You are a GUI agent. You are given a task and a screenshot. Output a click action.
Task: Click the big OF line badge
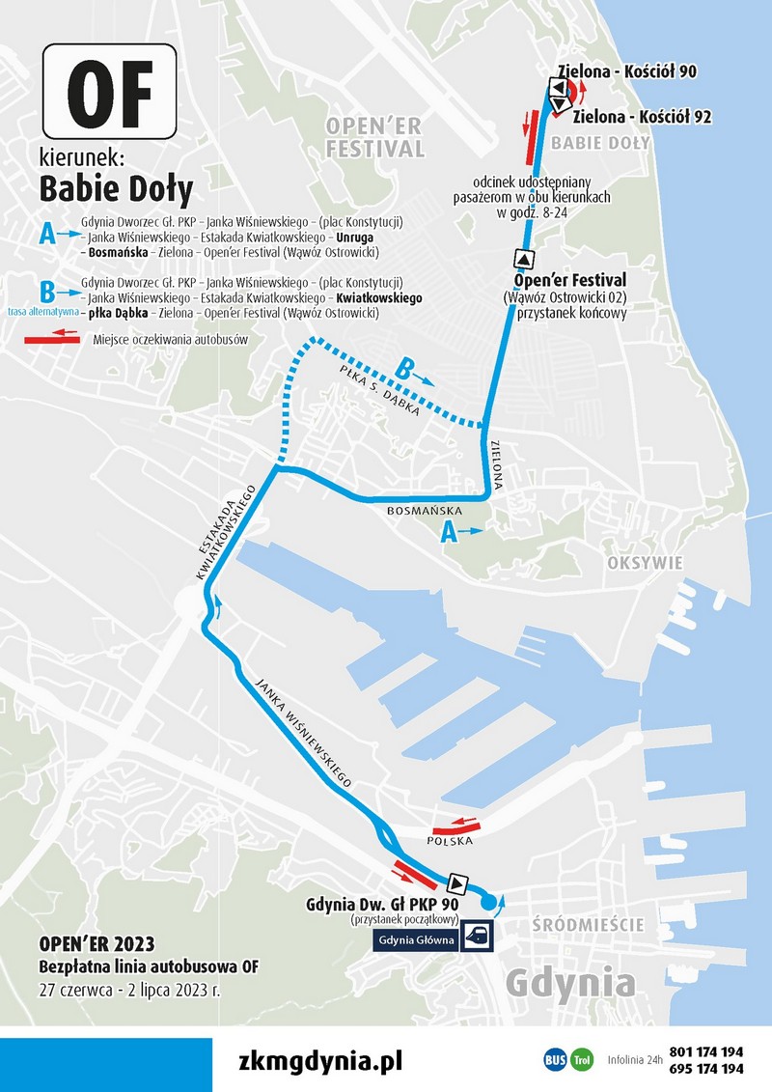click(107, 91)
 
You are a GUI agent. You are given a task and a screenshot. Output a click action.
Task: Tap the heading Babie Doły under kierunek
click(116, 187)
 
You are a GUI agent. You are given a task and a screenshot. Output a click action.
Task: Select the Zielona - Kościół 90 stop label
click(627, 70)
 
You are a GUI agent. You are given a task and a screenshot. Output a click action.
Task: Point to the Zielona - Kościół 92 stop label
click(643, 117)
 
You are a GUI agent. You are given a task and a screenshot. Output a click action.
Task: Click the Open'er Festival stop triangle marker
click(523, 259)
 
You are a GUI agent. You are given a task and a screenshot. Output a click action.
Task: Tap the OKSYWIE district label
click(646, 563)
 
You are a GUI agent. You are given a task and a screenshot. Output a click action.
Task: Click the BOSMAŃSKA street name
click(424, 510)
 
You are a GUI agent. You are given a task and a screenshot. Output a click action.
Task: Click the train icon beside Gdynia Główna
click(477, 935)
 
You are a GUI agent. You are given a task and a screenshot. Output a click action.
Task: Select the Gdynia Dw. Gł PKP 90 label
click(380, 906)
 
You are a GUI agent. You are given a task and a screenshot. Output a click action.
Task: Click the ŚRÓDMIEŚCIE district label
click(588, 925)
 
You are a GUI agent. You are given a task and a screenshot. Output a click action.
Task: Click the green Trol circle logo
click(582, 1059)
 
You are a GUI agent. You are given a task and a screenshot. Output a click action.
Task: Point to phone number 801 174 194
click(705, 1050)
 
